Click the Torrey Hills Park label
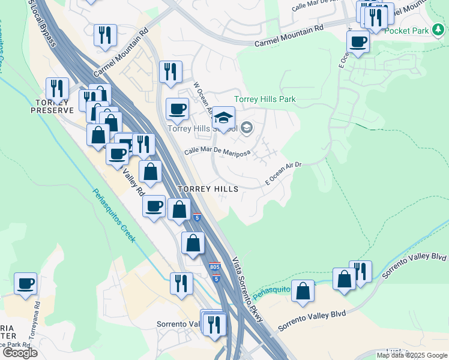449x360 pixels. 265,99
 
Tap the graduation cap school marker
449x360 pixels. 223,118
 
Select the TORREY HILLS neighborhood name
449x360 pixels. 208,188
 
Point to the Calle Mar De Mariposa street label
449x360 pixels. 217,152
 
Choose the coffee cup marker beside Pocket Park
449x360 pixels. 358,42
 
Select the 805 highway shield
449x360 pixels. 215,266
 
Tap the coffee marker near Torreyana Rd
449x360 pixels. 25,284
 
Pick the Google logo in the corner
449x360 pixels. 19,352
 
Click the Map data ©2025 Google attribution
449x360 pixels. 411,355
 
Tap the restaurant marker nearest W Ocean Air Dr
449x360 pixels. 170,73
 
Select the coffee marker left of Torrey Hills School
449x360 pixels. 177,110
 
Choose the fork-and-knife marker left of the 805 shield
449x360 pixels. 181,284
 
